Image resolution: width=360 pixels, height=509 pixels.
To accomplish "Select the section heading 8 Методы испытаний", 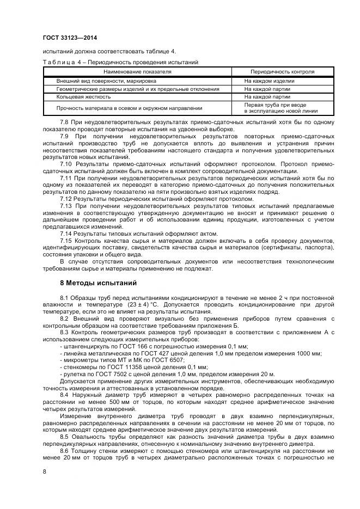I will click(x=94, y=283).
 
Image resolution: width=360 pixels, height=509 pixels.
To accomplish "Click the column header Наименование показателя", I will click(x=137, y=71).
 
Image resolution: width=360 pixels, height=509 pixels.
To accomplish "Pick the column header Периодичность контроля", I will click(x=282, y=71).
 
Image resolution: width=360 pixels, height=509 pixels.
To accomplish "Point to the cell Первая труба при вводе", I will click(x=274, y=105).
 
